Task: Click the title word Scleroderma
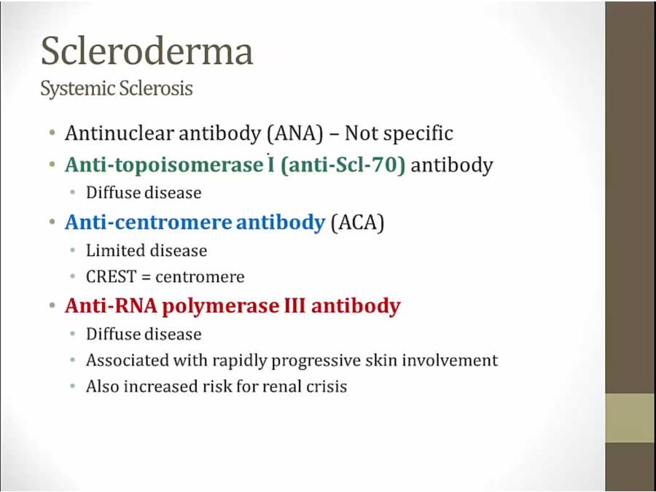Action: tap(147, 51)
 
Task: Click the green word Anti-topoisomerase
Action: tap(163, 165)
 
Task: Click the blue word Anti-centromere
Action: tap(149, 222)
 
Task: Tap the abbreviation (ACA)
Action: tap(357, 222)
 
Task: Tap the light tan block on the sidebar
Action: tap(630, 418)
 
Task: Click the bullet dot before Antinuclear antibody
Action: tap(52, 133)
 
